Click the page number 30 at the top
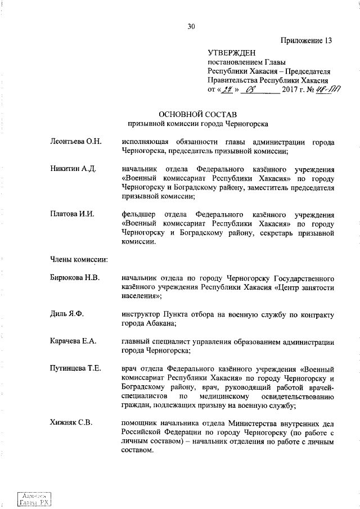(191, 25)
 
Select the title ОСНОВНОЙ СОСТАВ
(191, 114)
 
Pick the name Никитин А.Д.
(70, 169)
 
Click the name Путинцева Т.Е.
(75, 368)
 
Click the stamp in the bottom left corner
(33, 498)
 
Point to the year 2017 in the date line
(291, 89)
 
